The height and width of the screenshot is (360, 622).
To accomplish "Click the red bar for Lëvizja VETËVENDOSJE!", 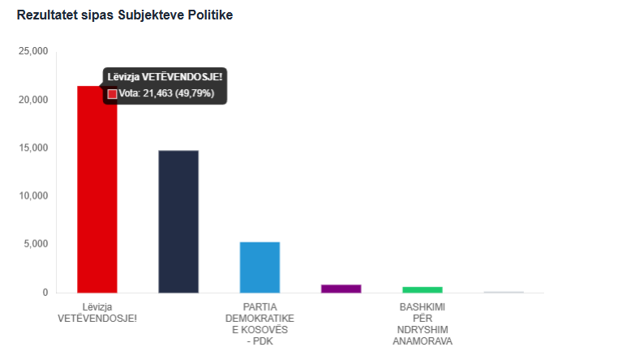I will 97,195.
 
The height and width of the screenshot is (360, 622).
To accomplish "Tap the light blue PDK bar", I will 260,267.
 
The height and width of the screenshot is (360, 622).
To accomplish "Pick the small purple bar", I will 341,289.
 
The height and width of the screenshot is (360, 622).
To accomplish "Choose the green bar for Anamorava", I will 423,289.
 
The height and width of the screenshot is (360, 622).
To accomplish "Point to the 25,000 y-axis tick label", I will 34,51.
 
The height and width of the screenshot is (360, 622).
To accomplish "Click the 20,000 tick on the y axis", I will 34,100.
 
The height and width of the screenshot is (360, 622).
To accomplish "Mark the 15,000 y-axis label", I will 34,148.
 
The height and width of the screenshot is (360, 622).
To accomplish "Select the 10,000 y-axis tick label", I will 34,196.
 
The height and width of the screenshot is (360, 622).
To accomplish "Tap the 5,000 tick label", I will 36,244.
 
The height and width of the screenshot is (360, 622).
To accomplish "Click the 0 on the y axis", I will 45,293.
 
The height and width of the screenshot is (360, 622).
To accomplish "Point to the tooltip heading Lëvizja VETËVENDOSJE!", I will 165,77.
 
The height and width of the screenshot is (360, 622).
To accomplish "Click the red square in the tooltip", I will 112,94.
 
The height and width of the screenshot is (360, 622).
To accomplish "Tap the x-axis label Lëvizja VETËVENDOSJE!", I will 97,312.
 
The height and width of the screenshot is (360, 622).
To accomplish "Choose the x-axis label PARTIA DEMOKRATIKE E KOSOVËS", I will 260,324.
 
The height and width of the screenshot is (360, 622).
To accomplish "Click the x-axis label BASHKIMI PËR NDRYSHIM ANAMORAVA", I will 423,324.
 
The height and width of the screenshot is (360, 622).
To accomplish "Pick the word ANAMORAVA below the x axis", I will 423,341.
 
